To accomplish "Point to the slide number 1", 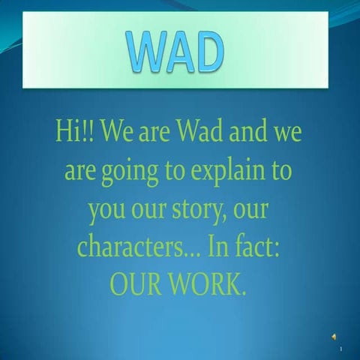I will click(341, 349).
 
